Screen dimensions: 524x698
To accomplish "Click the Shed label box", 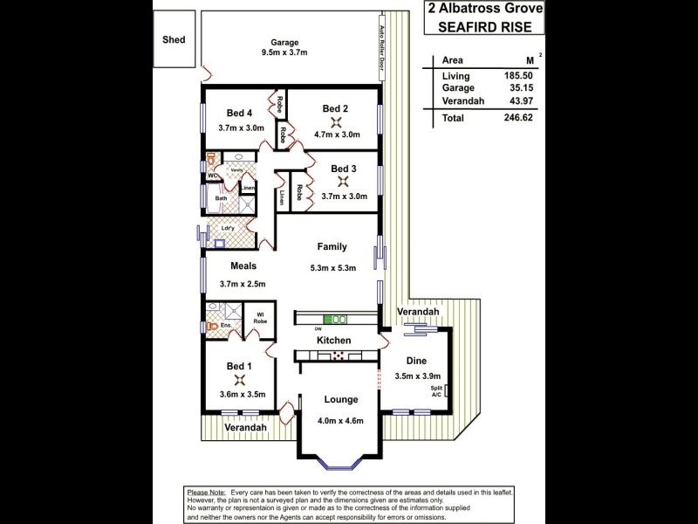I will (x=174, y=40).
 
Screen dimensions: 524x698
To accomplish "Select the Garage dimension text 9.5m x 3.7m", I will (x=284, y=53).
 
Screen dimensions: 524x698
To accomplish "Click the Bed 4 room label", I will (x=239, y=113).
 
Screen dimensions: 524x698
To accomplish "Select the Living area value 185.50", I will (x=517, y=77).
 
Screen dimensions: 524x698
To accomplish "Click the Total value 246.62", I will (x=517, y=116).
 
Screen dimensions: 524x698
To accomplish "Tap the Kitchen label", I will (x=333, y=340).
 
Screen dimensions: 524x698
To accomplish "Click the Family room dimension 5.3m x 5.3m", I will (x=333, y=268).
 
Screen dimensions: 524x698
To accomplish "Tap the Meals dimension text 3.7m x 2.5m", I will (x=242, y=283).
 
